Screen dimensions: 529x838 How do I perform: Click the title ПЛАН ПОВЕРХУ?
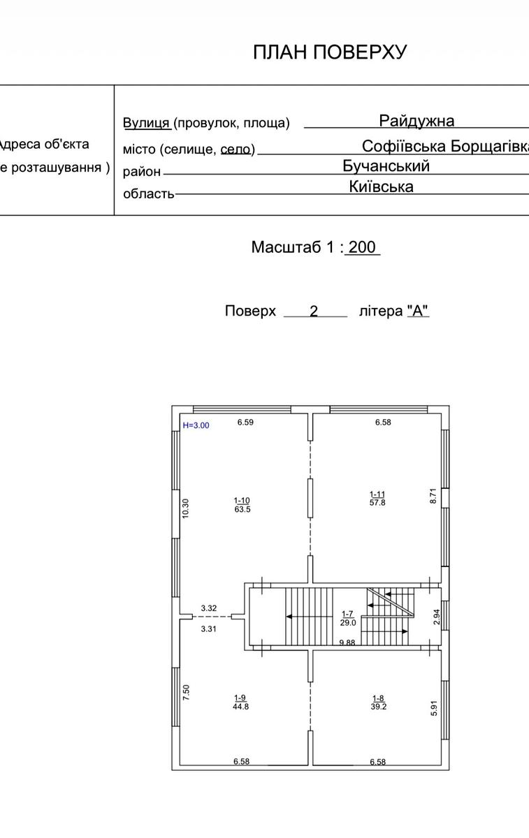pyautogui.click(x=330, y=52)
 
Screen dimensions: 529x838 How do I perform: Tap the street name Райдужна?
pyautogui.click(x=416, y=121)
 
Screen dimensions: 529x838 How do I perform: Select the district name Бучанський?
pyautogui.click(x=386, y=166)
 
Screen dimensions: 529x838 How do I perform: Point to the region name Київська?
pyautogui.click(x=381, y=186)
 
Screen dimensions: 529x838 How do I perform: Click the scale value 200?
pyautogui.click(x=362, y=247)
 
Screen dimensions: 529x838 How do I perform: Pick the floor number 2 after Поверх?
pyautogui.click(x=314, y=311)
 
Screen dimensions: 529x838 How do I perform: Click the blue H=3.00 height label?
pyautogui.click(x=196, y=425)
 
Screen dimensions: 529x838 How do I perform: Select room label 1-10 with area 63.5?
pyautogui.click(x=242, y=505)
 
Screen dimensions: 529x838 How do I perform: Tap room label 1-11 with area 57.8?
pyautogui.click(x=377, y=499)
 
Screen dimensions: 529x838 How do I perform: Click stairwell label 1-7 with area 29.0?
pyautogui.click(x=348, y=619)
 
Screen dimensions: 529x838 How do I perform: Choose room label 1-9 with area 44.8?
pyautogui.click(x=240, y=703)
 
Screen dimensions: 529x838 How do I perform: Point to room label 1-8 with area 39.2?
pyautogui.click(x=379, y=703)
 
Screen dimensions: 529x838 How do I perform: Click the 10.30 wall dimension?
pyautogui.click(x=186, y=509)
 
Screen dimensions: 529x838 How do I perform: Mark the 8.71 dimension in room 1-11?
pyautogui.click(x=433, y=496)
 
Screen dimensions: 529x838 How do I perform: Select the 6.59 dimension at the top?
pyautogui.click(x=245, y=422)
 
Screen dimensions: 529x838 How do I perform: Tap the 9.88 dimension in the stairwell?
pyautogui.click(x=347, y=642)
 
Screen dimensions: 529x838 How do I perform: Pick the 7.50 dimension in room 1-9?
pyautogui.click(x=186, y=693)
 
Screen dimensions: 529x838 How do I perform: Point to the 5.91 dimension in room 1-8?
pyautogui.click(x=434, y=708)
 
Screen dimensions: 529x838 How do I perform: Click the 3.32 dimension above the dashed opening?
pyautogui.click(x=208, y=608)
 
